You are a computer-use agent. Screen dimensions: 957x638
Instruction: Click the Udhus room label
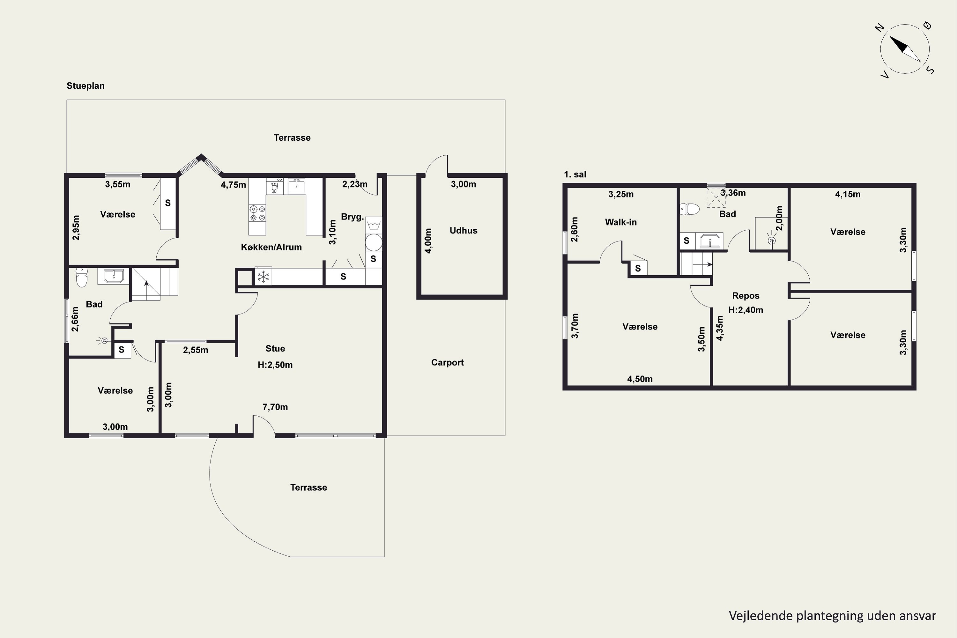coord(464,230)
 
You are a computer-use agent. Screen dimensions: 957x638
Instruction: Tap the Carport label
coord(447,362)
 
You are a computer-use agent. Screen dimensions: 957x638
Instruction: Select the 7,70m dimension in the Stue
coord(275,407)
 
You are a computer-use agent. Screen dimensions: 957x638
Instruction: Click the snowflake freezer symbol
coord(263,277)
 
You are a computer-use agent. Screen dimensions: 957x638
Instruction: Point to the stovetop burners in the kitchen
coord(257,213)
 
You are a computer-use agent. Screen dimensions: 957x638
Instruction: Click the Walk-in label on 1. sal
coord(620,222)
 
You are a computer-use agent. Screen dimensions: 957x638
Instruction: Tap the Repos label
coord(746,296)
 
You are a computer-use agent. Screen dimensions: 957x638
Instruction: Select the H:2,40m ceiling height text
coord(746,310)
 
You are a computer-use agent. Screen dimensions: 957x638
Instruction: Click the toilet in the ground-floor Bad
coord(82,277)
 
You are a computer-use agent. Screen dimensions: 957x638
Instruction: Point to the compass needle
coord(905,49)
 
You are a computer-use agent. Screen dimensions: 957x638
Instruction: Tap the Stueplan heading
coord(85,86)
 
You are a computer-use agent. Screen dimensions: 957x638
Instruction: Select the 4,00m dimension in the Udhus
coord(428,241)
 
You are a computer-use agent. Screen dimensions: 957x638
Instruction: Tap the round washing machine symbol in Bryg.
coord(374,242)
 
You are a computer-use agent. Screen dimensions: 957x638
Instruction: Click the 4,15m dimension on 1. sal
coord(848,194)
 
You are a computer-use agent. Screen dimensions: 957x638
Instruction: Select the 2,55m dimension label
coord(196,350)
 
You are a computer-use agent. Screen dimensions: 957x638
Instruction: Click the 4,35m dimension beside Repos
coord(720,328)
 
